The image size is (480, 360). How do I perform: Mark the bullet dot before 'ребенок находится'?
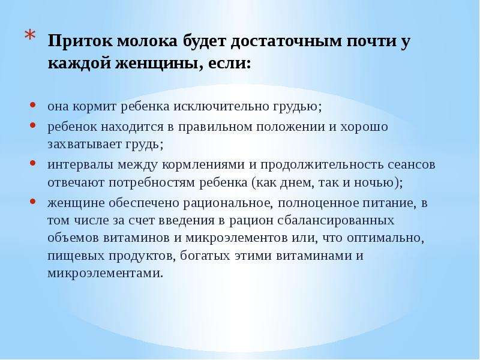click(33, 125)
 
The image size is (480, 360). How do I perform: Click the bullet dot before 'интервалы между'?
click(33, 163)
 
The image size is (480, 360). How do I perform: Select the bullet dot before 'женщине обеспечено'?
click(33, 202)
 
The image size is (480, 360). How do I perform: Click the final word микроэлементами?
click(104, 273)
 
